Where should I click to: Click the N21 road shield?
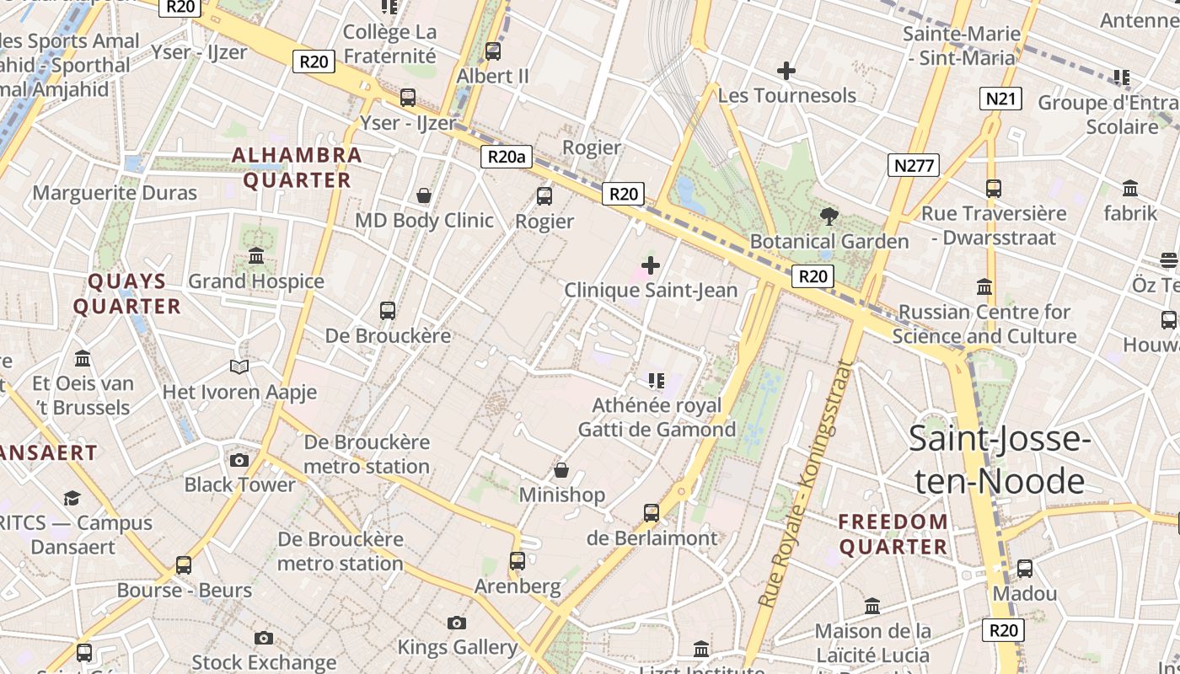(x=1000, y=99)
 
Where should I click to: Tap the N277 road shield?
(x=914, y=165)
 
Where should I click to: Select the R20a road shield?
(x=507, y=156)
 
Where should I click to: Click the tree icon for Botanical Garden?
(x=829, y=217)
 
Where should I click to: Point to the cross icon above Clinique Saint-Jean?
(x=651, y=265)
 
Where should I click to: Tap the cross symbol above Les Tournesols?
(x=786, y=71)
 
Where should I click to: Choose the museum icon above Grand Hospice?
(x=256, y=255)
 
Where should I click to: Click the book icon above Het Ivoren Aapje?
(x=239, y=366)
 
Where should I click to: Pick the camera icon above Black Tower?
(x=239, y=460)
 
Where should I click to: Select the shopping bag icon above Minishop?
(x=561, y=469)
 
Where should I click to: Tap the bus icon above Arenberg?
(x=518, y=560)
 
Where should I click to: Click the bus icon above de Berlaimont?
(x=652, y=512)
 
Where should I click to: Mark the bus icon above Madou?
(x=1025, y=569)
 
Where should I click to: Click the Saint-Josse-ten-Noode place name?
(x=1000, y=460)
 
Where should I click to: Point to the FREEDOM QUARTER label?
(x=893, y=534)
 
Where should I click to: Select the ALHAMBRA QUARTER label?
(x=297, y=168)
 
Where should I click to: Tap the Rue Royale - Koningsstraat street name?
(x=806, y=484)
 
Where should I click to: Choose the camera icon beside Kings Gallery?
(x=457, y=623)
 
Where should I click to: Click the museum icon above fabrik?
(x=1130, y=189)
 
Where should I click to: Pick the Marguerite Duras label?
(x=115, y=193)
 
